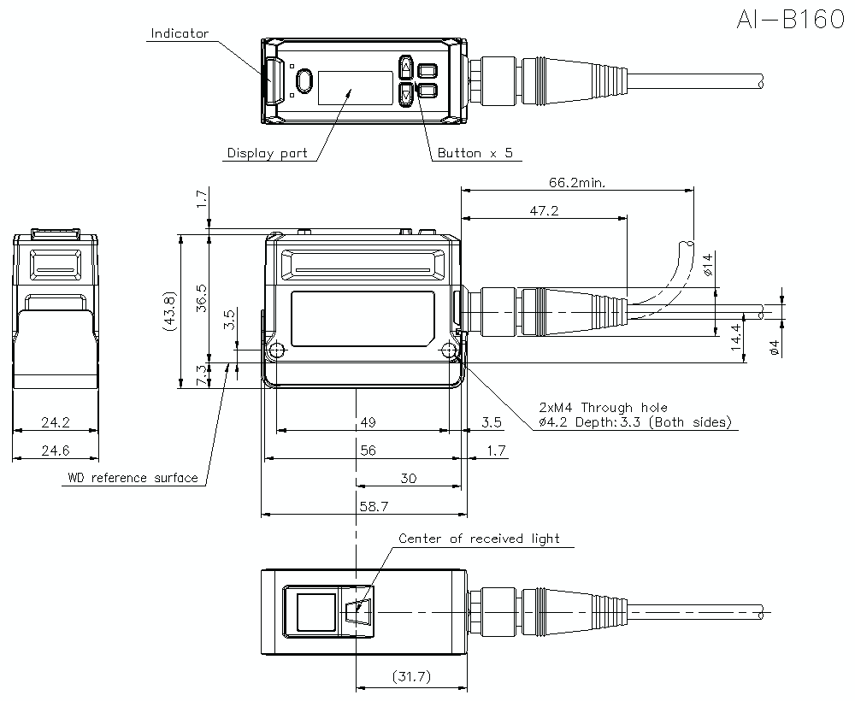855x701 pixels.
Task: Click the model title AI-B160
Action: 788,21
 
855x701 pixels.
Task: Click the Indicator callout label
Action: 180,34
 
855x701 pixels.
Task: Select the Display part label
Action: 267,154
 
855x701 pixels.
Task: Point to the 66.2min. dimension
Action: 578,182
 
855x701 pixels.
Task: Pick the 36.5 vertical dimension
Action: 202,299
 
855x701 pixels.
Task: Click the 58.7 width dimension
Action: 373,506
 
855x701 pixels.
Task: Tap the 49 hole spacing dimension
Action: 369,422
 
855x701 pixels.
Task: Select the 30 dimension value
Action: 408,479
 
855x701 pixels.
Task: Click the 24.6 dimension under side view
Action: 56,451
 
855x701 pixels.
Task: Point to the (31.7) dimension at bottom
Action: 410,677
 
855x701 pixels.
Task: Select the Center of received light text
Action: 479,539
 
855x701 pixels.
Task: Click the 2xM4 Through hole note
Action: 603,408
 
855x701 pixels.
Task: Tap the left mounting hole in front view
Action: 275,350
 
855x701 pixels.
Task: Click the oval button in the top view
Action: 304,80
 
